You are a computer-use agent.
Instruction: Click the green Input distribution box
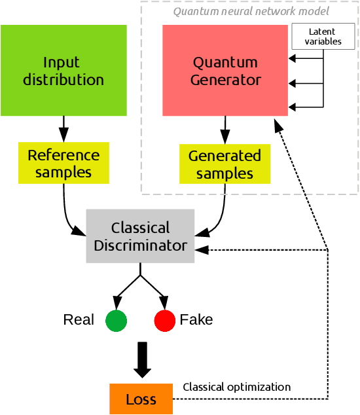63,71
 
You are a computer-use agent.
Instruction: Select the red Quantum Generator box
226,71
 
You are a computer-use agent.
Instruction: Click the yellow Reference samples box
63,164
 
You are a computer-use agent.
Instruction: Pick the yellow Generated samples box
225,164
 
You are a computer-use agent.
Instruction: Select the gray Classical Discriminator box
140,236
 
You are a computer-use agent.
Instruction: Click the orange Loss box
141,399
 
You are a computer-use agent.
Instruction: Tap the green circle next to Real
116,320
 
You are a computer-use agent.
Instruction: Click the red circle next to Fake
164,320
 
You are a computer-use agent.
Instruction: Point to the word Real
79,320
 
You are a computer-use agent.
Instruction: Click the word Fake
196,320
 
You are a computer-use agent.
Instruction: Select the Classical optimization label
236,387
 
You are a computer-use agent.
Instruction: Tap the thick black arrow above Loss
141,359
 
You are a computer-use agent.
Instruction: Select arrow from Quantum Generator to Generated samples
225,130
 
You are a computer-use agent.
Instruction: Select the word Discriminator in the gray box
140,245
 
